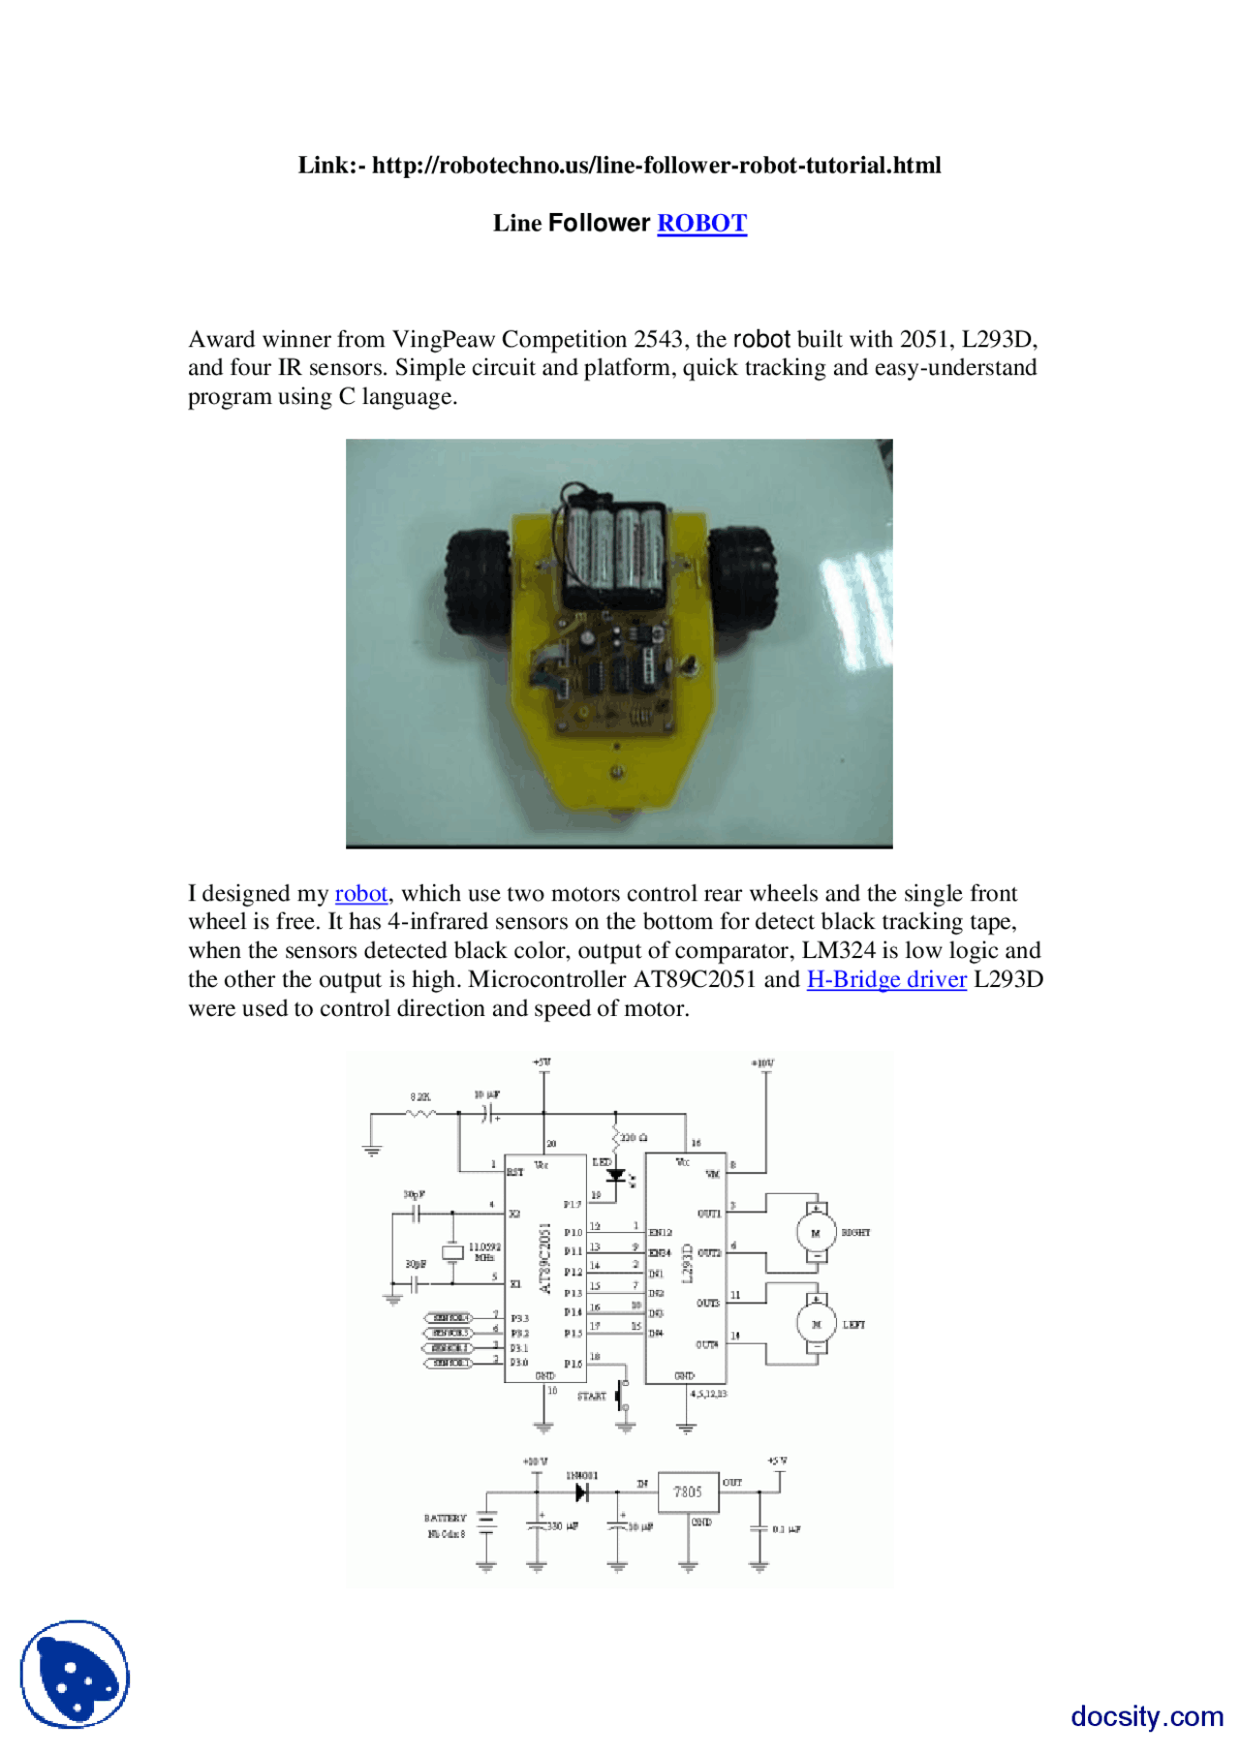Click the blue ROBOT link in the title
701,223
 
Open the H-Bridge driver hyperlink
885,979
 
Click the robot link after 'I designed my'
360,893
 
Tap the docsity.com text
1146,1715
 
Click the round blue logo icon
75,1674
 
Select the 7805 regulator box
688,1492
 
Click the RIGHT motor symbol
816,1233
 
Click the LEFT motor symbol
816,1324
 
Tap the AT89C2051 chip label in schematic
544,1258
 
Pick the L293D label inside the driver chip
688,1264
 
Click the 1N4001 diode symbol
581,1492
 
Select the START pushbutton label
591,1396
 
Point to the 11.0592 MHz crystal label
484,1251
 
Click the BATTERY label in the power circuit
445,1518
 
